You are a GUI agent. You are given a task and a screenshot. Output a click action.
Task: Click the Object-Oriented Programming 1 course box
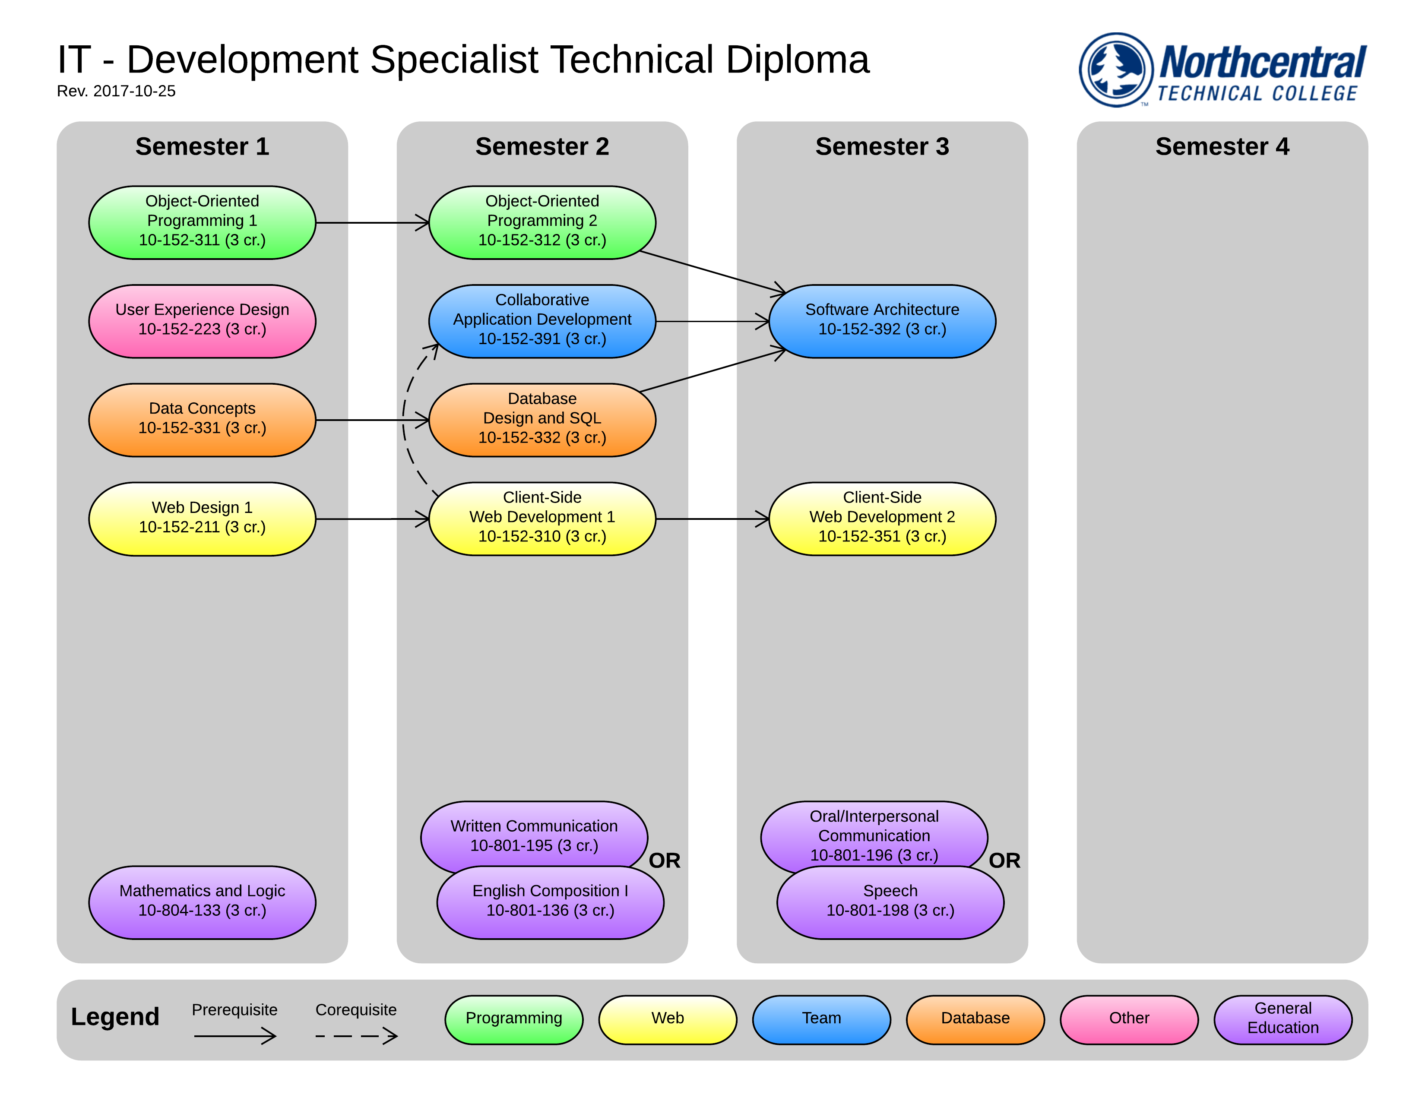pos(202,222)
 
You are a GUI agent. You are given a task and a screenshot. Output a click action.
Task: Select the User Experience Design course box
pos(202,321)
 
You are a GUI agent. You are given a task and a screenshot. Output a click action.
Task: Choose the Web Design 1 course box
pos(202,519)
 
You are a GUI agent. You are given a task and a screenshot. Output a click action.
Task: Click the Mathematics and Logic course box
pos(202,902)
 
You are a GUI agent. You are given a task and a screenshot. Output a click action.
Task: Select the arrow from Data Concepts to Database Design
pos(372,420)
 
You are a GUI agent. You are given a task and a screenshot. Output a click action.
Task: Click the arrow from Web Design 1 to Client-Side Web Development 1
pos(372,519)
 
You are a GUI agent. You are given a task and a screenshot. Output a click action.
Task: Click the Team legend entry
pos(821,1019)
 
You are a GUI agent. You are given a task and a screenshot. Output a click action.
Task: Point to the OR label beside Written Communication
pos(664,861)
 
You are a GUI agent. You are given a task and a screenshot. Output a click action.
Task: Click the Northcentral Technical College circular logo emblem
pos(1116,70)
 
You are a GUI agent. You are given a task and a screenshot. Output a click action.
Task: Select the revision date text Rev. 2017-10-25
pos(116,91)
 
